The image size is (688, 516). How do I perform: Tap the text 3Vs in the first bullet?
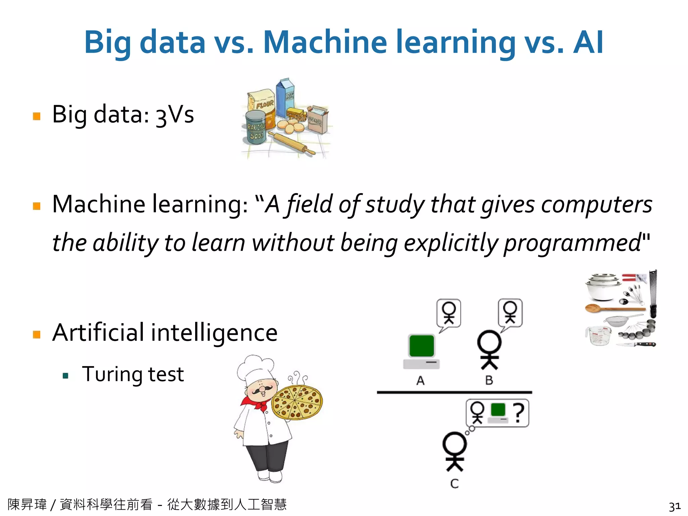175,115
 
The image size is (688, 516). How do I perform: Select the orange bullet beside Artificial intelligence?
37,334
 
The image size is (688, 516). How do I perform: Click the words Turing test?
133,374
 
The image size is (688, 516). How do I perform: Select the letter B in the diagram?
489,381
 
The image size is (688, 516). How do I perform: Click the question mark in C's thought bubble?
519,413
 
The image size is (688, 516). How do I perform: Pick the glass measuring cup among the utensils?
599,335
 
